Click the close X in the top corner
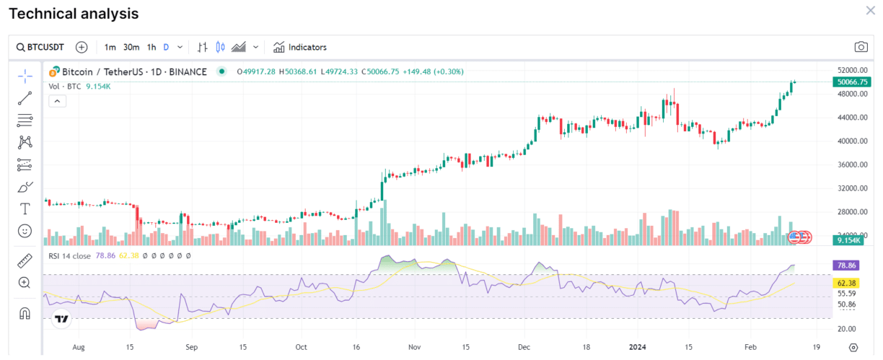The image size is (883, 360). point(870,10)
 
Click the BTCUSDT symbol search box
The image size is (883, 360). point(40,47)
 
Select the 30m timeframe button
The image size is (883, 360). point(131,47)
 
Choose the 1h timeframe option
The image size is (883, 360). point(151,47)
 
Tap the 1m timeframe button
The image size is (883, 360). point(110,47)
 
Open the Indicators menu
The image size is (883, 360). point(300,47)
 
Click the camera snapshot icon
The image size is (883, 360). point(861,47)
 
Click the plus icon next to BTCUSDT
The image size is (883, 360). point(82,47)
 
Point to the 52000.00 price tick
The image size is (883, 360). point(851,70)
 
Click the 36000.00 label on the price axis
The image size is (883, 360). point(851,164)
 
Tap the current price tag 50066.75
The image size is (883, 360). point(852,82)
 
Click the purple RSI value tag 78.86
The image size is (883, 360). point(845,265)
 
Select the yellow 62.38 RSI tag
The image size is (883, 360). point(845,282)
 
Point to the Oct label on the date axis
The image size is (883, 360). point(302,346)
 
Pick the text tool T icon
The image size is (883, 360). point(25,208)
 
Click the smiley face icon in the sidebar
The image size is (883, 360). point(25,231)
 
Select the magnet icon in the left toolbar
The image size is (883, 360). point(25,314)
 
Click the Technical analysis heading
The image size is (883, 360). point(74,14)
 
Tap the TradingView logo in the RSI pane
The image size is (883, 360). point(61,319)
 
